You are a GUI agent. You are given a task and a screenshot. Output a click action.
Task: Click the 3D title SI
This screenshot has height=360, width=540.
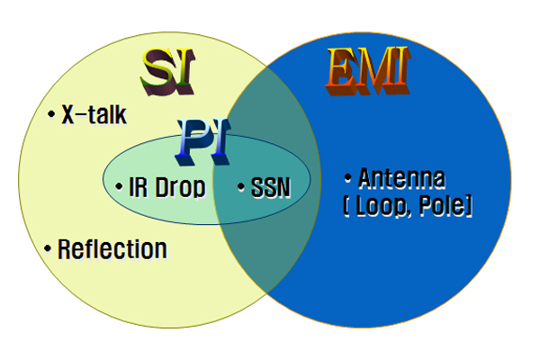[167, 72]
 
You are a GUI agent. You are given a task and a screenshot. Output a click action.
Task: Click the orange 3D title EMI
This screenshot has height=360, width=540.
[368, 70]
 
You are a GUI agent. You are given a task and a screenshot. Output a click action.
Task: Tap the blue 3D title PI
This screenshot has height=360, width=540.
[202, 141]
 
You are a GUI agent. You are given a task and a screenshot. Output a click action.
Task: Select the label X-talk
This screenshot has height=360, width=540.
[94, 114]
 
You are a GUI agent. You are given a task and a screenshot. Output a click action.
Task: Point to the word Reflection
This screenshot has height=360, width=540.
[112, 249]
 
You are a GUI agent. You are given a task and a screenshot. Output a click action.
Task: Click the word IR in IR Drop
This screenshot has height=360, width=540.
[138, 187]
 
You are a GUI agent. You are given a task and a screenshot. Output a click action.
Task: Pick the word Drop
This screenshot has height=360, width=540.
[180, 187]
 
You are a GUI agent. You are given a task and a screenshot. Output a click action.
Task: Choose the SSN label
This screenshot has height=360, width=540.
[271, 188]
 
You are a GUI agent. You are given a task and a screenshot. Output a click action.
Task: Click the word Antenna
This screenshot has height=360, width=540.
[401, 178]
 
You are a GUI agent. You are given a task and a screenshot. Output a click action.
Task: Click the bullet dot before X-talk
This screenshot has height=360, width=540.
[51, 114]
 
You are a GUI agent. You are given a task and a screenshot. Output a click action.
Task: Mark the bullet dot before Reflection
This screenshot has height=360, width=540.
[48, 248]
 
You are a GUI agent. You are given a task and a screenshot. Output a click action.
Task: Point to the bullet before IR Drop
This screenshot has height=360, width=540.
[119, 186]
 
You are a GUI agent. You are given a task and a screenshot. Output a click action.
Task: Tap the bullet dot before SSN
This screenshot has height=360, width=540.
[241, 186]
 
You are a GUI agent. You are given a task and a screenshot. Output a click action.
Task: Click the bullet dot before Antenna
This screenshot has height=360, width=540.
[347, 178]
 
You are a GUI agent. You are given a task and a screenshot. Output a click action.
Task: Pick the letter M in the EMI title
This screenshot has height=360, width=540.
[374, 70]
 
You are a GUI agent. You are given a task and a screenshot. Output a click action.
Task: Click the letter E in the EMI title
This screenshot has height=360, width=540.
[340, 70]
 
